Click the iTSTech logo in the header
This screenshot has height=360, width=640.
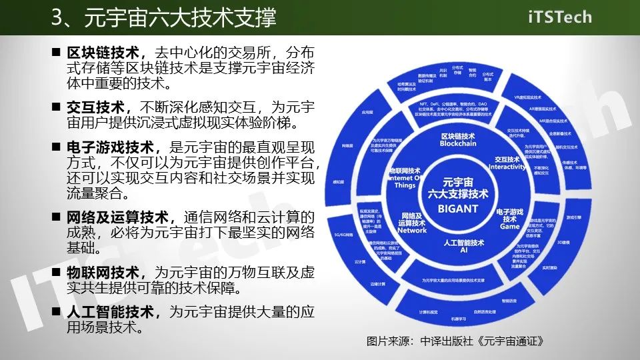(x=559, y=17)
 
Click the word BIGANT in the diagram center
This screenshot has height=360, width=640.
(x=458, y=209)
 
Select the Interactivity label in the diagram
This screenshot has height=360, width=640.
(x=507, y=167)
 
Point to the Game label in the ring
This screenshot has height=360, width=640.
(x=509, y=226)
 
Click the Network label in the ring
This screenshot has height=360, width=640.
(x=411, y=230)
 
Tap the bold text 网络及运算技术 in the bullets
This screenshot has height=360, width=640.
(x=117, y=218)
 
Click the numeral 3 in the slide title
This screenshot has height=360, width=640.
(x=58, y=17)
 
